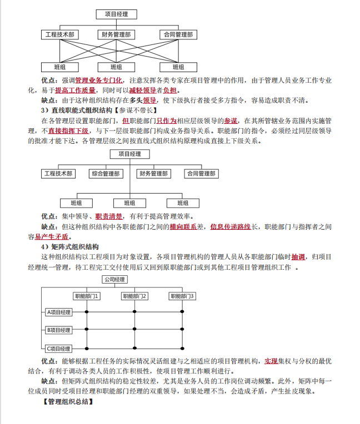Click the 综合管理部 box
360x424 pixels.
pyautogui.click(x=106, y=174)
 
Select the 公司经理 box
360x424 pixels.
pyautogui.click(x=114, y=279)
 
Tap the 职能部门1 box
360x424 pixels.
pyautogui.click(x=87, y=296)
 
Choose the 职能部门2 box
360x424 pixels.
pyautogui.click(x=134, y=296)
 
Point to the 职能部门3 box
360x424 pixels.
pyautogui.click(x=183, y=296)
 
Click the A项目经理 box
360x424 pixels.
pyautogui.click(x=58, y=312)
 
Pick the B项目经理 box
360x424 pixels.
pyautogui.click(x=58, y=330)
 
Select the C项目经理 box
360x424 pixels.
pyautogui.click(x=58, y=349)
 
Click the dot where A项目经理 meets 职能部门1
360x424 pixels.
pyautogui.click(x=87, y=312)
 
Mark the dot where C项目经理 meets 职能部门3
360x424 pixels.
pyautogui.click(x=183, y=349)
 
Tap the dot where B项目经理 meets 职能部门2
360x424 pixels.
pyautogui.click(x=134, y=330)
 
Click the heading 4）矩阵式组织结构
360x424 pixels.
pyautogui.click(x=70, y=246)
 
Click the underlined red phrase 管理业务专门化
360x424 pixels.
pyautogui.click(x=98, y=81)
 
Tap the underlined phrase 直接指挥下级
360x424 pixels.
pyautogui.click(x=68, y=131)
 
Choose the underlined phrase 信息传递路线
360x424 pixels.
pyautogui.click(x=231, y=226)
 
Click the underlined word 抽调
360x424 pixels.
pyautogui.click(x=298, y=257)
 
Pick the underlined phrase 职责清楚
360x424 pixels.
pyautogui.click(x=109, y=216)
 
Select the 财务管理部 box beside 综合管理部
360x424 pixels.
pyautogui.click(x=154, y=174)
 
